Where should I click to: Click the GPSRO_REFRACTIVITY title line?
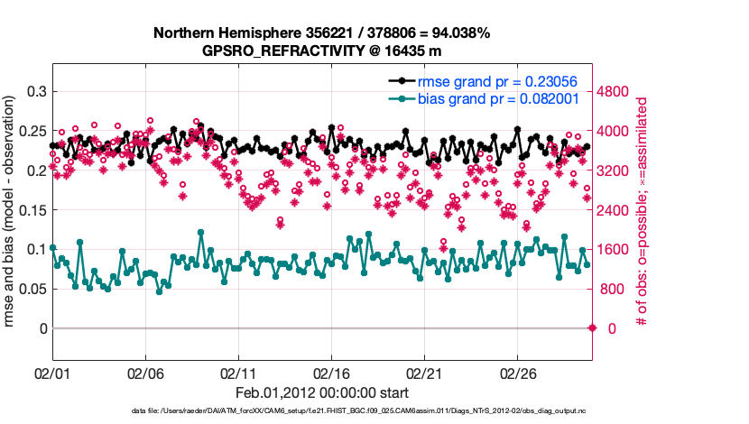point(321,51)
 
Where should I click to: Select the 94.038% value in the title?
point(459,33)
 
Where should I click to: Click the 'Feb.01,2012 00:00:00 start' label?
point(321,393)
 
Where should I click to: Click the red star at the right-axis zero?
point(592,328)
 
